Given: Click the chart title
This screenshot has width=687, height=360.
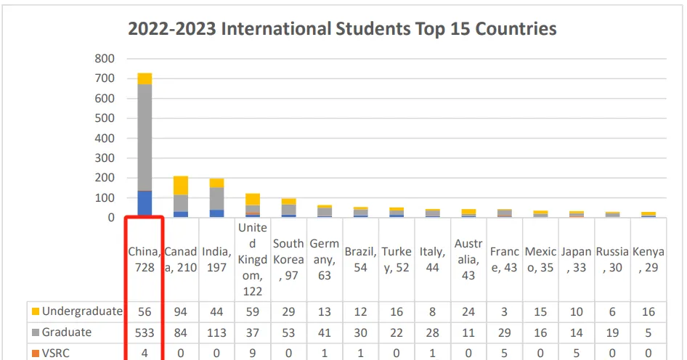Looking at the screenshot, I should (x=342, y=29).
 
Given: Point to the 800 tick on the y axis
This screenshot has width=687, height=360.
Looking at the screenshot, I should (x=105, y=58).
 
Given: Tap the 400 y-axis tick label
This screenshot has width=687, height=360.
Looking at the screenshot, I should (x=105, y=138).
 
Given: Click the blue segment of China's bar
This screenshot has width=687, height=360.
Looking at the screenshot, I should (x=145, y=203).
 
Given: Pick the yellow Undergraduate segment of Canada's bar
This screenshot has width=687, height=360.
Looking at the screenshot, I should (x=181, y=185).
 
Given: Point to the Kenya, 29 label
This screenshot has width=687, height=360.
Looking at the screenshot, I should (x=648, y=260).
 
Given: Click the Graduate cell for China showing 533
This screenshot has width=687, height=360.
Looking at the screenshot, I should (x=145, y=332).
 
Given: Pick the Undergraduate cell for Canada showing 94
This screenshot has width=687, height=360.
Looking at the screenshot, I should (x=181, y=311).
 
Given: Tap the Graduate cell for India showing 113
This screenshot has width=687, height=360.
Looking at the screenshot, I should (x=216, y=332).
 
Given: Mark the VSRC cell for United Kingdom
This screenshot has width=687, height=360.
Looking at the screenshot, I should (x=253, y=353).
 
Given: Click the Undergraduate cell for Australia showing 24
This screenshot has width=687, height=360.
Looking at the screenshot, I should (x=468, y=311).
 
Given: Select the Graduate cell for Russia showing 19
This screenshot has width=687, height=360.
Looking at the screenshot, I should (x=612, y=332).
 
